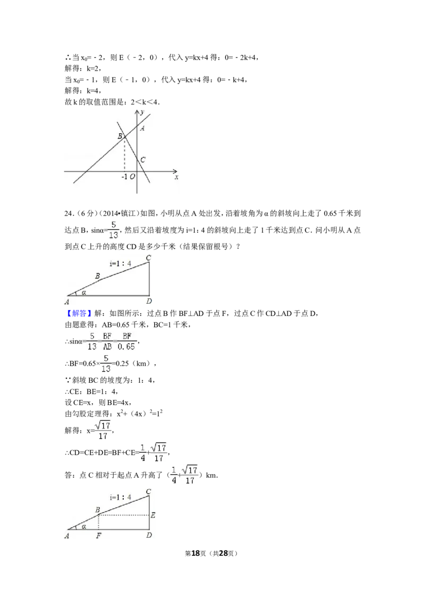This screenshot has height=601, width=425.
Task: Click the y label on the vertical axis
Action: (142, 112)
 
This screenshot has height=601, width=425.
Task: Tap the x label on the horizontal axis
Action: (176, 177)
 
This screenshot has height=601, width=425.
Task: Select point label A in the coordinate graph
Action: (142, 128)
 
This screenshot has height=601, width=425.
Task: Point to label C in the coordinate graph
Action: (143, 159)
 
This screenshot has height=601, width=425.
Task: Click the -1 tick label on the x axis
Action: (124, 177)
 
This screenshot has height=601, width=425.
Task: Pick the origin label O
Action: (132, 177)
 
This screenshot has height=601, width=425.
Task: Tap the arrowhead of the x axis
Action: (175, 171)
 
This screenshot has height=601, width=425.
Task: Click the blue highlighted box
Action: (79, 313)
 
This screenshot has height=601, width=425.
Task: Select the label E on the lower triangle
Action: (153, 515)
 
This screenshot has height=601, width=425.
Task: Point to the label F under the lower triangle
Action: (98, 536)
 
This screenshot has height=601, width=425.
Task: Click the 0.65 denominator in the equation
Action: (127, 347)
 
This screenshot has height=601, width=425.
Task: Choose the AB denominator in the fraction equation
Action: (107, 347)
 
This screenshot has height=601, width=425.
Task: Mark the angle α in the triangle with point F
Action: (83, 527)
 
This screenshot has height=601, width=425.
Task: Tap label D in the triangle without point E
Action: (149, 301)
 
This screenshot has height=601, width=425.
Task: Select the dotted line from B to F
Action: (99, 522)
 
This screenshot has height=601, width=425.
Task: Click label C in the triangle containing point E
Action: (149, 492)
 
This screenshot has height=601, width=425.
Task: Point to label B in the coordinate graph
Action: (120, 136)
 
